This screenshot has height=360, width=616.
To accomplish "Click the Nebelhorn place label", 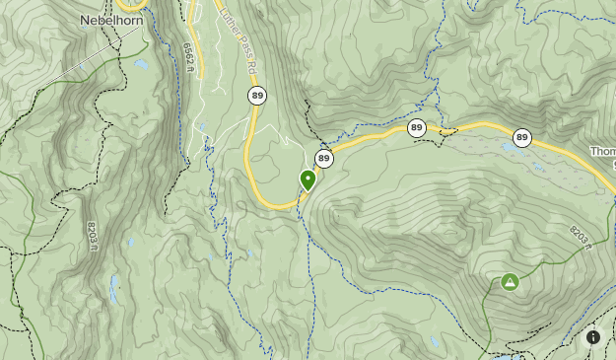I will pyautogui.click(x=112, y=20).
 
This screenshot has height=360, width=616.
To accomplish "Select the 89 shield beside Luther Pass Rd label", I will pyautogui.click(x=257, y=95).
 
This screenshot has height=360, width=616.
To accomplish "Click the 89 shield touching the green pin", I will pyautogui.click(x=324, y=158).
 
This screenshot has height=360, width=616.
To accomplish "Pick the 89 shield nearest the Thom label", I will pyautogui.click(x=521, y=138).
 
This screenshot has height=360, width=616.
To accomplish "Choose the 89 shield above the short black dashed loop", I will pyautogui.click(x=417, y=127).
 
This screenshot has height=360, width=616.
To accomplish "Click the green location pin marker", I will pyautogui.click(x=308, y=180).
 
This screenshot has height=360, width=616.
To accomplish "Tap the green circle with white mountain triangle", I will pyautogui.click(x=510, y=282).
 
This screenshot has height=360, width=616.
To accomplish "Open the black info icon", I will pyautogui.click(x=593, y=337).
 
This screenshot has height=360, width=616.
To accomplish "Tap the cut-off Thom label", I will pyautogui.click(x=602, y=152).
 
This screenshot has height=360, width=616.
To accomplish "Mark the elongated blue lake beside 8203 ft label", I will pyautogui.click(x=114, y=288).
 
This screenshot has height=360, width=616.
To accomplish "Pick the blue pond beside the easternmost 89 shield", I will pyautogui.click(x=507, y=148).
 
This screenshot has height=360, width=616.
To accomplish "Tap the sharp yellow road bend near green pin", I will pyautogui.click(x=286, y=205).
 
